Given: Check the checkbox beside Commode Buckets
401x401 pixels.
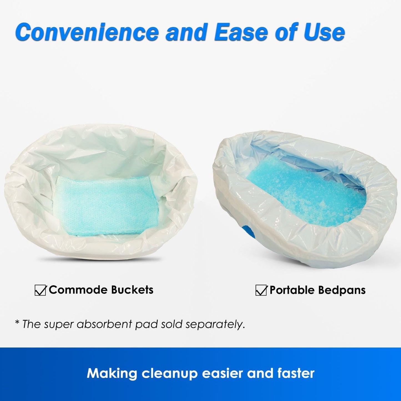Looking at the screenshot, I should tap(40, 290).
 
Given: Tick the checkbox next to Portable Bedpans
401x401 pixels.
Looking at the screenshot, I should tap(261, 290).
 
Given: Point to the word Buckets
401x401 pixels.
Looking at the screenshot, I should tap(132, 290).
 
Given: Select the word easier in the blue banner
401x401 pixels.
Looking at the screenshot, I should tap(223, 373).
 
